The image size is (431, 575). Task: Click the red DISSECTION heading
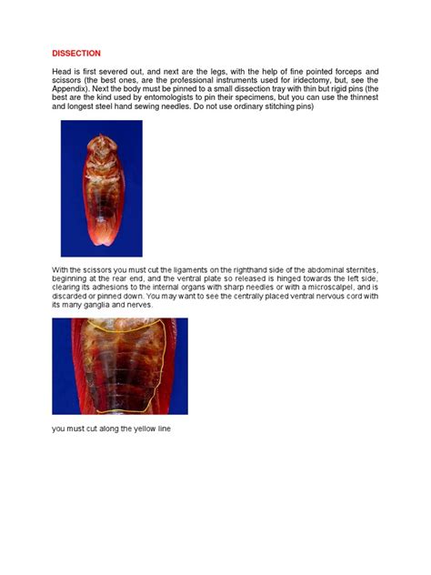point(76,54)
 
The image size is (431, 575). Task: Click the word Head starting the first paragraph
point(63,71)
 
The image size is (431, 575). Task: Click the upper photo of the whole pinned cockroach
point(101,188)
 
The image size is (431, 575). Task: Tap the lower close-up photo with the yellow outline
point(120,366)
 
